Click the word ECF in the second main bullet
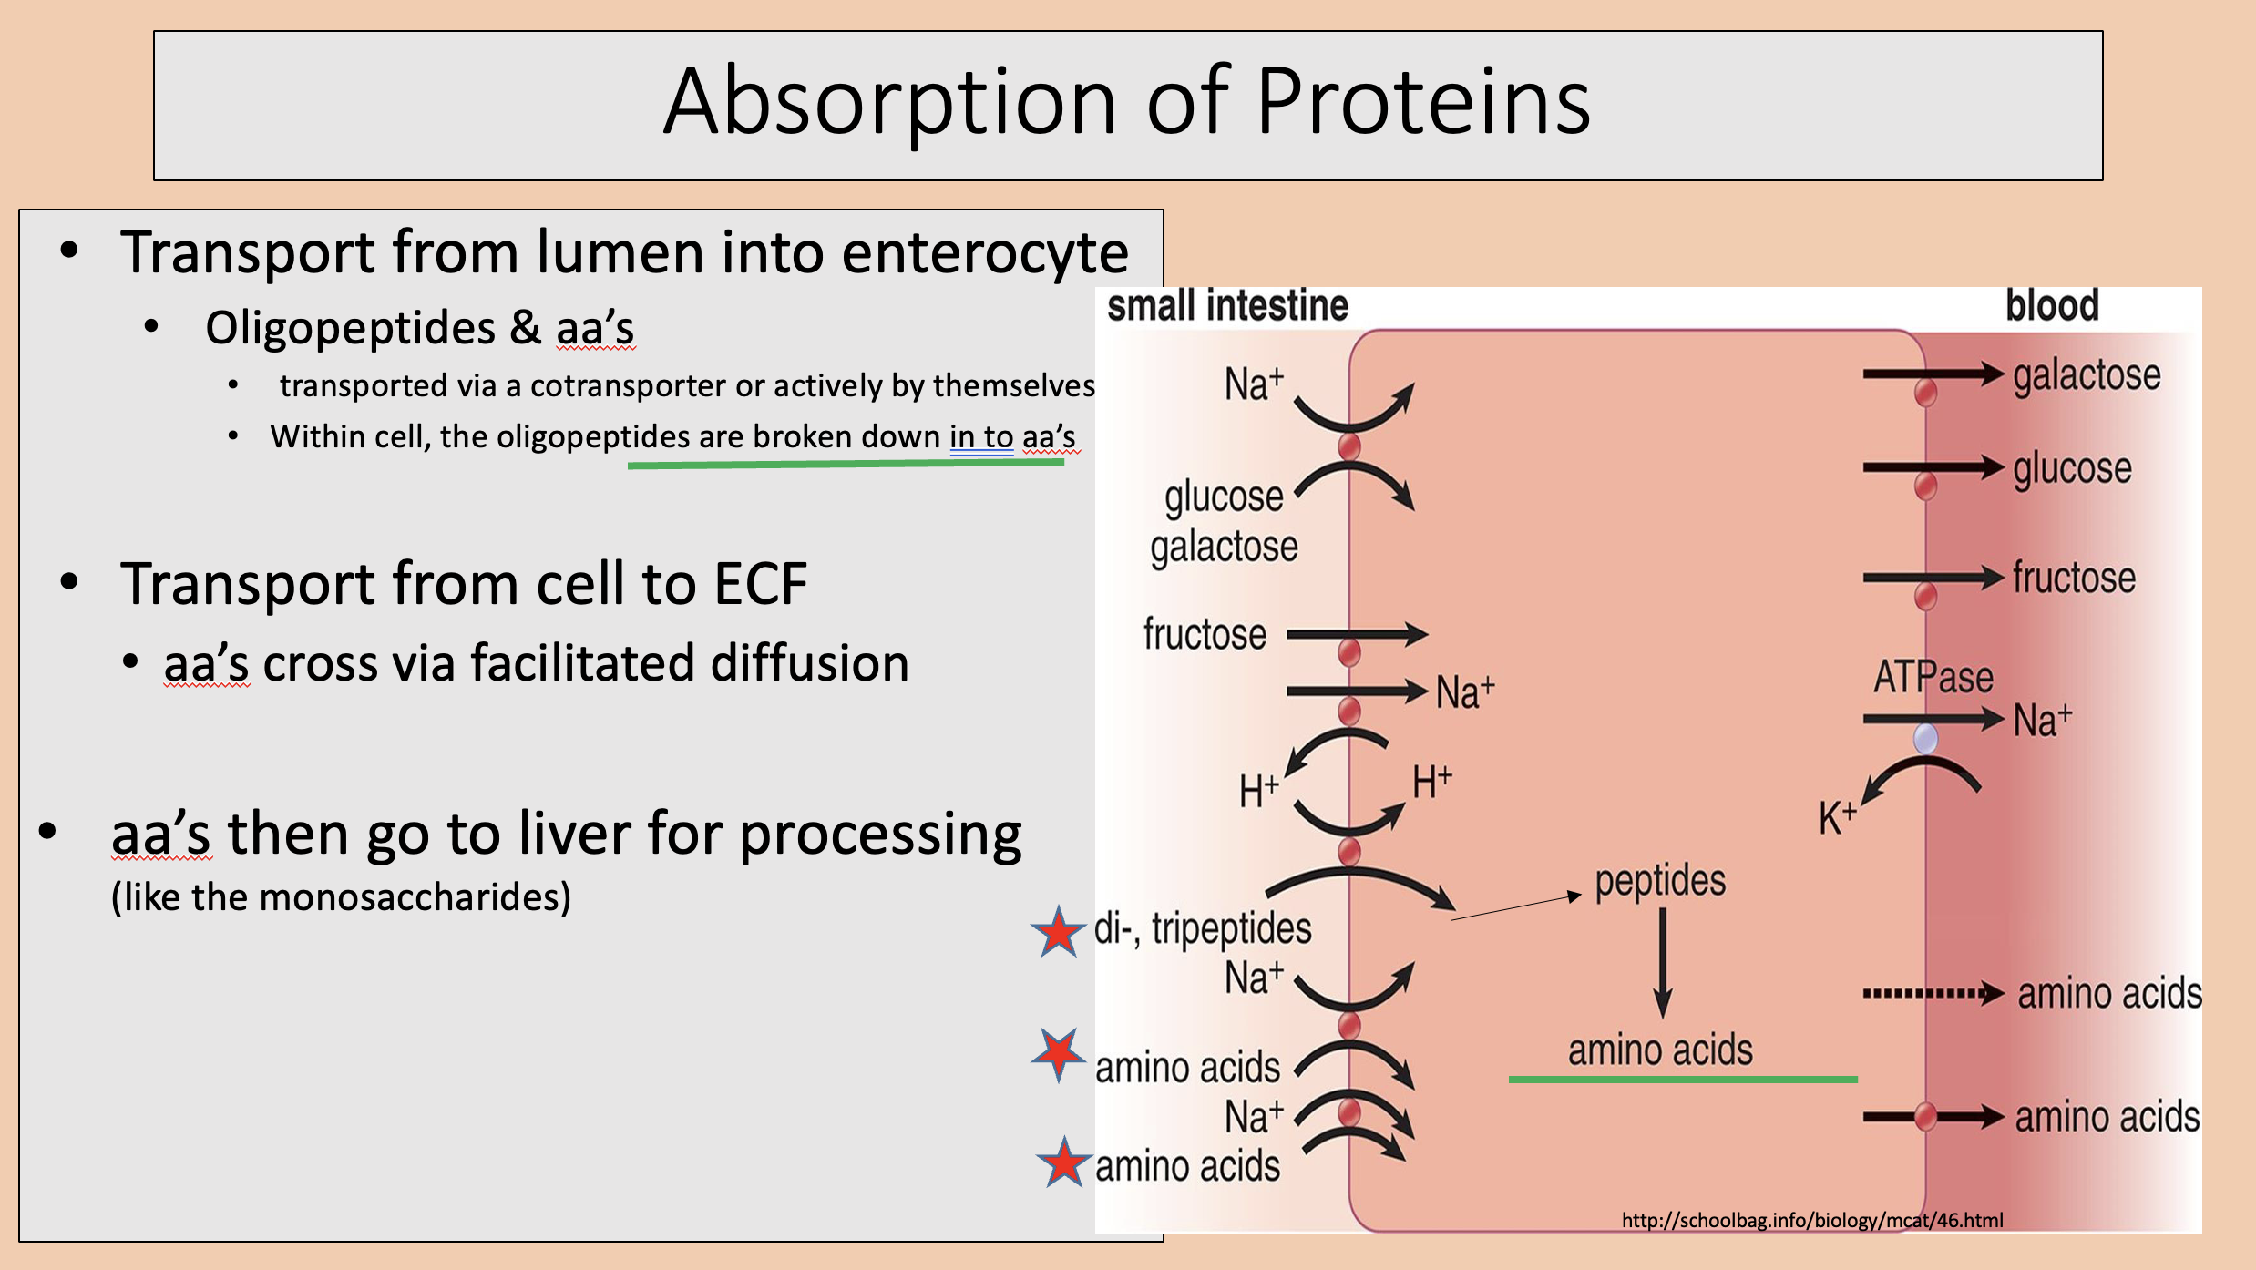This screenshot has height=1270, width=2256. (761, 583)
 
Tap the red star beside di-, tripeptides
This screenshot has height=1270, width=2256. (1058, 932)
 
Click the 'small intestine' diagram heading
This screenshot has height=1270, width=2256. (1227, 306)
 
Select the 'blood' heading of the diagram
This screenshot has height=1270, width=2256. (2052, 306)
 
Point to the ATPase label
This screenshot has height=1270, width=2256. (1933, 678)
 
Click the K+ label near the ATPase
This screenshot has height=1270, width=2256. (1837, 817)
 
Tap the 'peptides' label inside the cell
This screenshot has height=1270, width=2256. (1660, 882)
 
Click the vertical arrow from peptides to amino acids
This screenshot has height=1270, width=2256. (1663, 963)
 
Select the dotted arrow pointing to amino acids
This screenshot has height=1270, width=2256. (1933, 993)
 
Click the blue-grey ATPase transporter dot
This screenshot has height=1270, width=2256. (1925, 738)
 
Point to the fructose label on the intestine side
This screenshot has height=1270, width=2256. (1205, 634)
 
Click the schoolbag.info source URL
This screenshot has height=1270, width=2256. (1812, 1220)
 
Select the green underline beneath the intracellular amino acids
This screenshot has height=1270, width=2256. (1683, 1080)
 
